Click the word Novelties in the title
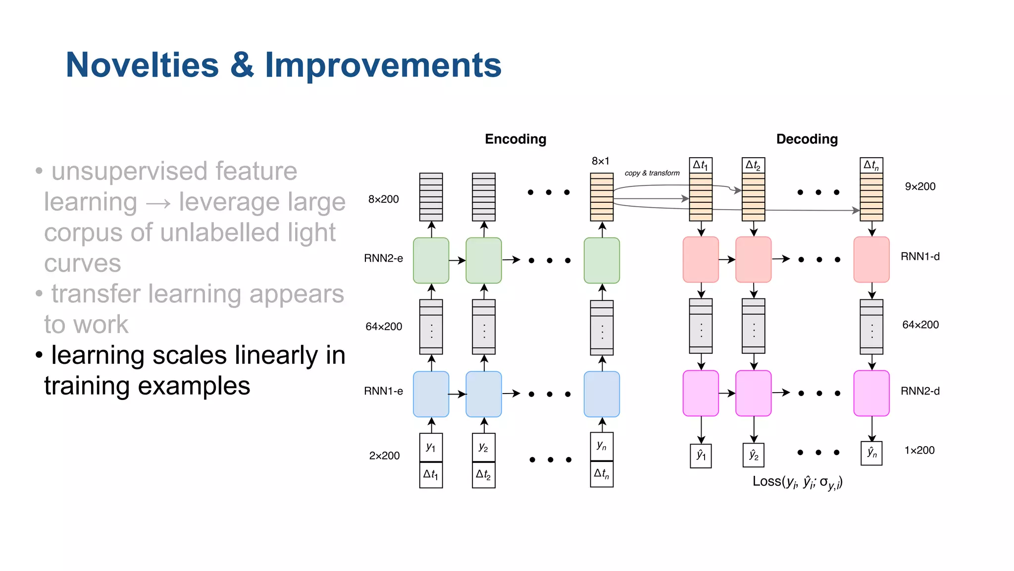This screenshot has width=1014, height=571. [142, 65]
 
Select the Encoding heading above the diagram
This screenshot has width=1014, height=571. [515, 139]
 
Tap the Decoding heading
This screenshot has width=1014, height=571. [807, 139]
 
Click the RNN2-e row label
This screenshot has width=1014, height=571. [383, 258]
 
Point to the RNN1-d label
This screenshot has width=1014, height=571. [920, 257]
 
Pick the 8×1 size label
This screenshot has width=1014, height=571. [600, 161]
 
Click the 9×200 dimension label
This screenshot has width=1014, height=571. [920, 187]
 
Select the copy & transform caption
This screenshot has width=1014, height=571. [652, 173]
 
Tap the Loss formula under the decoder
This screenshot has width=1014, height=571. [797, 482]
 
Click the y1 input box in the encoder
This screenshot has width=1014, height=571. [431, 447]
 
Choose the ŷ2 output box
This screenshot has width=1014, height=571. [754, 455]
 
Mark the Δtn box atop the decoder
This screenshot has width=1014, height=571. [871, 165]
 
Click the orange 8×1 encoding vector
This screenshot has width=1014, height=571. [602, 197]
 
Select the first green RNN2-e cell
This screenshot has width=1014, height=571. [431, 260]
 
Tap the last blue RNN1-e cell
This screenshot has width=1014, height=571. [602, 394]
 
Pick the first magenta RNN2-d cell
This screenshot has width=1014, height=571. [701, 393]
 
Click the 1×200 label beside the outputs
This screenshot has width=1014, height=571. [919, 451]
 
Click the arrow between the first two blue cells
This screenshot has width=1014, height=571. [457, 394]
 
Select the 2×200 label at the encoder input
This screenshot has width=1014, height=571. [384, 456]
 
